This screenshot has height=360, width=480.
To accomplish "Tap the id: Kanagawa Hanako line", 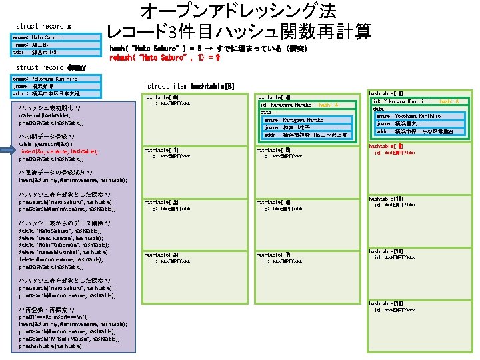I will pyautogui.click(x=287, y=105).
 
